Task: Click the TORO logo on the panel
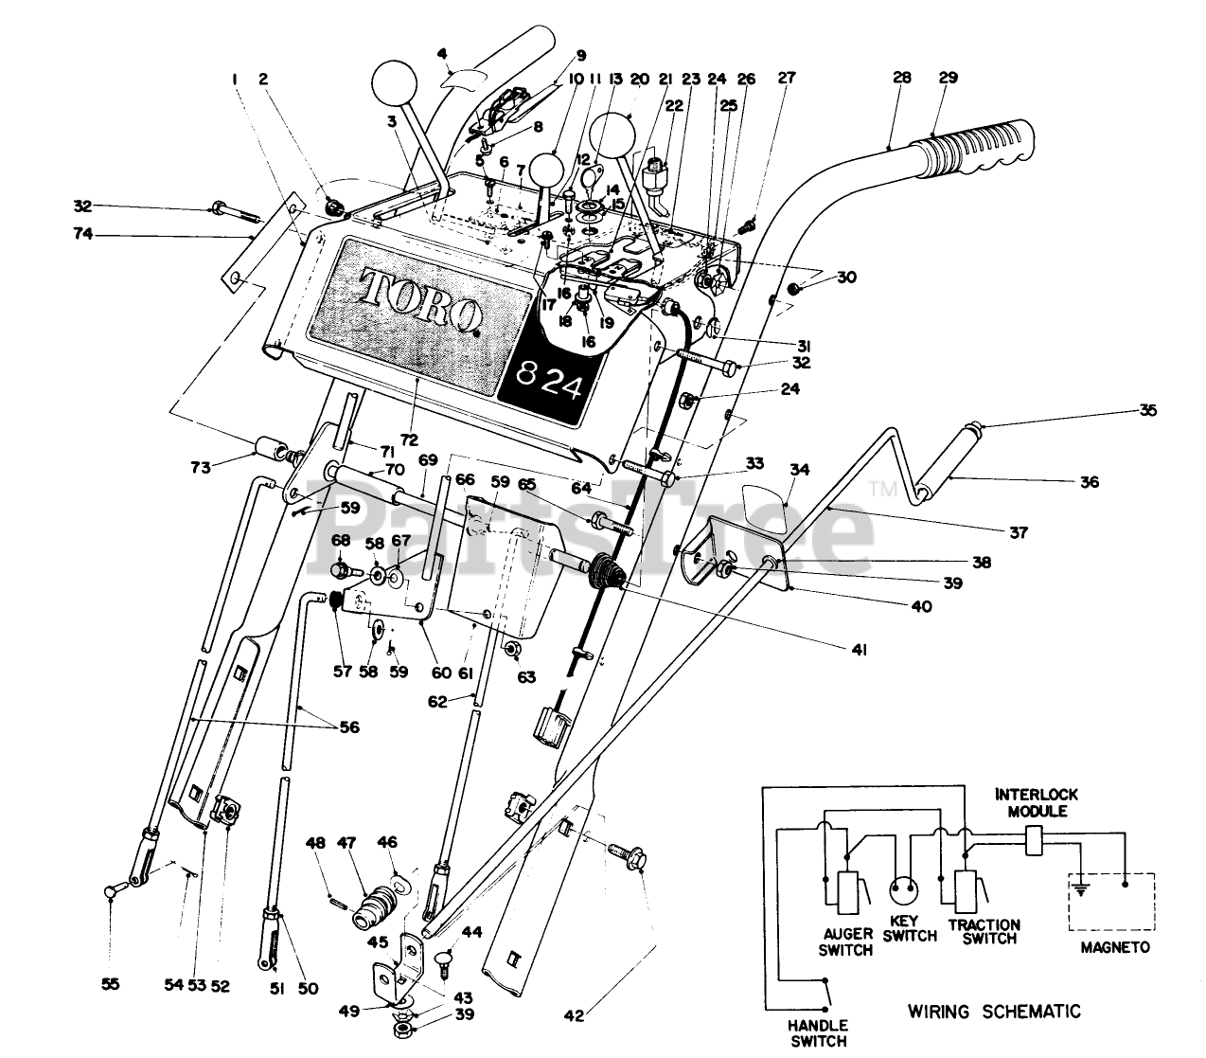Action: (421, 301)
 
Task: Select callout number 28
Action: (902, 78)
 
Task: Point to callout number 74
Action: (83, 234)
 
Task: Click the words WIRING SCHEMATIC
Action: (994, 1011)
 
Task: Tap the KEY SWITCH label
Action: (910, 928)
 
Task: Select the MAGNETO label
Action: (1115, 947)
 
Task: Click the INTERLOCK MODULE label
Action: (1037, 802)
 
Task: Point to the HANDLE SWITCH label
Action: (818, 1033)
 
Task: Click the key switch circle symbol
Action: (904, 890)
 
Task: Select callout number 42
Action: (574, 1015)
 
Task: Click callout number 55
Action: (110, 984)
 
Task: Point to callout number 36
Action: (1090, 481)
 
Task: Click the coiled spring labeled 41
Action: (606, 572)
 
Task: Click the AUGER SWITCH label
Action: (845, 941)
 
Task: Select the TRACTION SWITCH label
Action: (984, 932)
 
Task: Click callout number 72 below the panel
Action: (409, 439)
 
